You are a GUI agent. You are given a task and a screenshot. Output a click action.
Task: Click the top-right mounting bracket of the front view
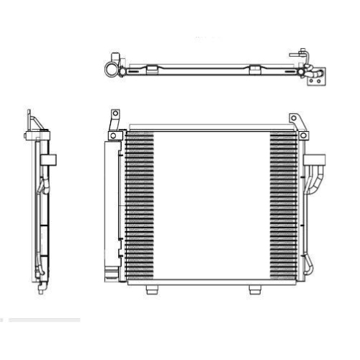click(292, 123)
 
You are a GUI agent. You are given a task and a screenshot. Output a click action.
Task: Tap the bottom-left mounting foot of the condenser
click(150, 290)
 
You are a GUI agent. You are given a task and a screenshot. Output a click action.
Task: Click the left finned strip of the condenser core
click(139, 205)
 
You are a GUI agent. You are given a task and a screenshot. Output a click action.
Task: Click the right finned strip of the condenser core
click(282, 205)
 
